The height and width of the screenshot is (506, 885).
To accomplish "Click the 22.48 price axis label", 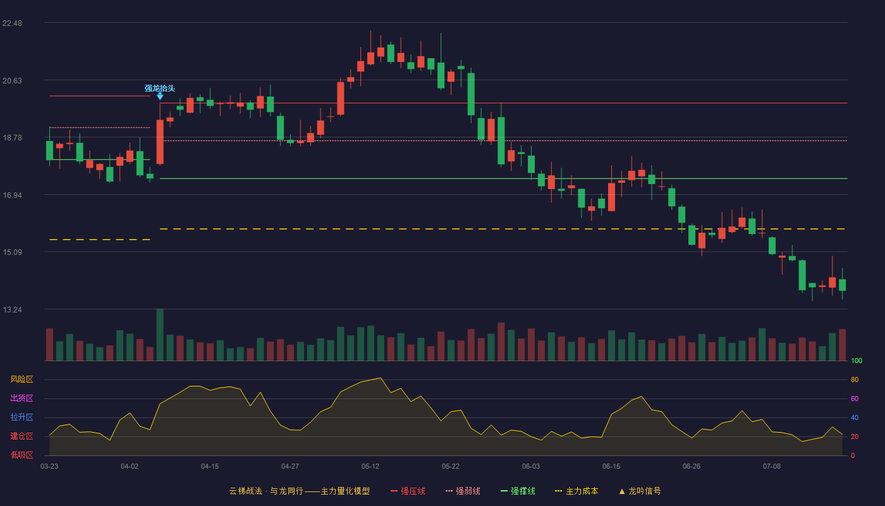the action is [x=12, y=23].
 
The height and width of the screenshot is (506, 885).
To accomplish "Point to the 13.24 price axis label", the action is [x=12, y=309].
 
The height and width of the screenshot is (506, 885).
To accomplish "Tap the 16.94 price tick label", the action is [x=12, y=195].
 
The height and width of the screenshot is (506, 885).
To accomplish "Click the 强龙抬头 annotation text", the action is [x=159, y=88].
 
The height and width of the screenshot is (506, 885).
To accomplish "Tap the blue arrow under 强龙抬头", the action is [x=160, y=96].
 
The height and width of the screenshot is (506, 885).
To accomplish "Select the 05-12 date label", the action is [x=370, y=467].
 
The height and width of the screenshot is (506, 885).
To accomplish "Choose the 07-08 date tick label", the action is [x=772, y=467].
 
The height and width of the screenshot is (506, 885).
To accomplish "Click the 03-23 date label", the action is [x=49, y=467].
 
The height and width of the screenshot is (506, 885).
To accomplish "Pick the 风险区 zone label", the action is [x=21, y=379].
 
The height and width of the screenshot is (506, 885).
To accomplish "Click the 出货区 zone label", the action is [x=21, y=398].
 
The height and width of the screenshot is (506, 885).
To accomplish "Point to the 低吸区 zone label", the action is [x=21, y=455].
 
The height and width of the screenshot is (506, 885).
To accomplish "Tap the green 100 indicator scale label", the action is [x=857, y=361].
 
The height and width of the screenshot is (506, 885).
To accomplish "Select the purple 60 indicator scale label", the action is [x=855, y=398].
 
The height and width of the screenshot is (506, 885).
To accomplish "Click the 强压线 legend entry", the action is [x=408, y=491].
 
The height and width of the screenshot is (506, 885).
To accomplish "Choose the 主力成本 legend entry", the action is [x=577, y=491].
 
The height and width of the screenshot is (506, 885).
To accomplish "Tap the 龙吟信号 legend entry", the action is [x=640, y=491].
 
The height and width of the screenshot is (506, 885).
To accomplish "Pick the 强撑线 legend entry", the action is [x=518, y=491].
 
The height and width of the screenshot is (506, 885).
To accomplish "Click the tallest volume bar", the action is [x=160, y=335].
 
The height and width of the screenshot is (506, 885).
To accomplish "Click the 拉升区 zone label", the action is [x=21, y=417].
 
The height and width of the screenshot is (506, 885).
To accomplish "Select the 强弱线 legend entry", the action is [x=463, y=491].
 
